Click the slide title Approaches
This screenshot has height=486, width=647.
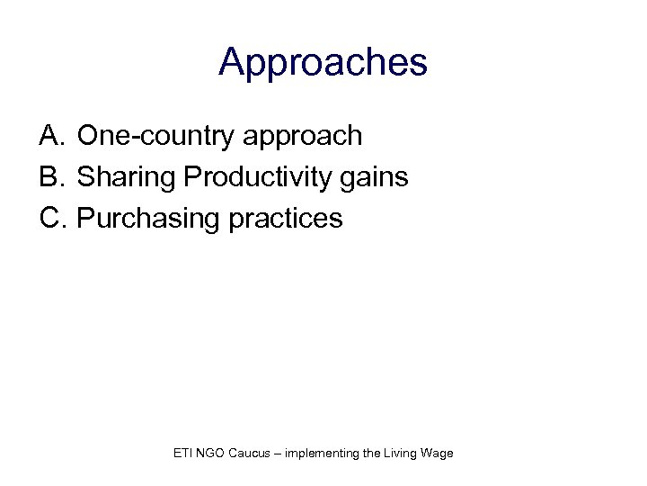click(323, 63)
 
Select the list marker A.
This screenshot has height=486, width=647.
click(50, 136)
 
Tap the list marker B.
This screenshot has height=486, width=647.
click(50, 177)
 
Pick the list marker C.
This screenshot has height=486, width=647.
click(51, 219)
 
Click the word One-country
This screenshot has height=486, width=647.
click(146, 136)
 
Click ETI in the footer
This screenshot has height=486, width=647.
click(182, 453)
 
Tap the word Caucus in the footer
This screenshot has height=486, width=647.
click(253, 453)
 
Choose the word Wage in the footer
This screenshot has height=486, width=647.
click(439, 454)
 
